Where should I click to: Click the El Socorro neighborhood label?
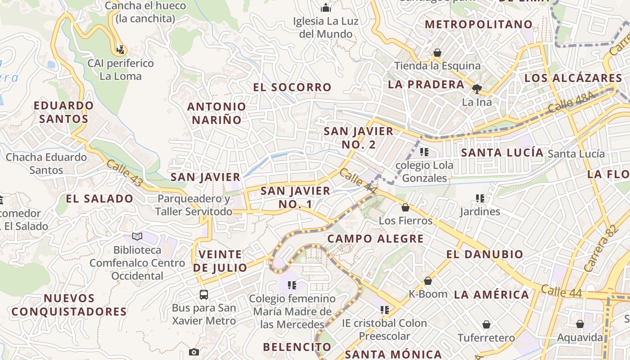click(292, 87)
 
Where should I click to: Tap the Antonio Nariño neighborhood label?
click(216, 113)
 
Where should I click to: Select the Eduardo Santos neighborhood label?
click(64, 112)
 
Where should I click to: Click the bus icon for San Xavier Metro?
click(204, 295)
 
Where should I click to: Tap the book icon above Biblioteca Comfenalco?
click(137, 236)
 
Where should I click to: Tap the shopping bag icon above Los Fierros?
click(405, 207)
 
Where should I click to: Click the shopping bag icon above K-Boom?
click(428, 281)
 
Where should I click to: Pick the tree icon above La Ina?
click(477, 89)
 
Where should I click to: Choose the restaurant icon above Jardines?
click(480, 198)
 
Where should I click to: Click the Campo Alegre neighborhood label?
click(375, 238)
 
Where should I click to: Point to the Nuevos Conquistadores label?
click(69, 305)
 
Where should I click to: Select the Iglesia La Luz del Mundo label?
click(326, 27)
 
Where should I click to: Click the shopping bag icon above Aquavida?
click(580, 324)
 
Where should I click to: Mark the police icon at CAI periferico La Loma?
click(120, 49)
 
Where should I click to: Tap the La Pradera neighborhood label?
click(426, 85)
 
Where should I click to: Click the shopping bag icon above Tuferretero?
click(486, 324)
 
